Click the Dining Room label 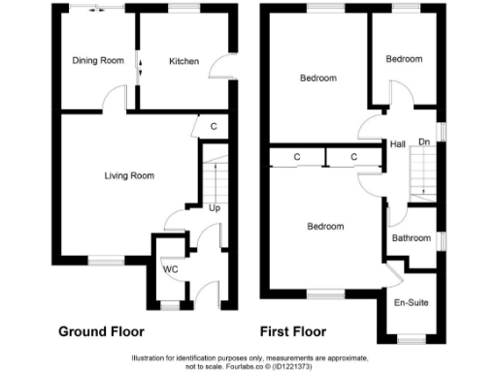(x=98, y=61)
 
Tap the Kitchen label (x=184, y=61)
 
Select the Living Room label (x=129, y=175)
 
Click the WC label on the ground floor (x=169, y=268)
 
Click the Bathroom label (x=411, y=237)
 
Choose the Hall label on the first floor (x=397, y=142)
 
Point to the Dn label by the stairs (x=423, y=142)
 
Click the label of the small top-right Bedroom (x=404, y=59)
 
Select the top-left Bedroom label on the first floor (x=317, y=77)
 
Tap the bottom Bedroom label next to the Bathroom (x=325, y=227)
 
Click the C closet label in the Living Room (x=213, y=126)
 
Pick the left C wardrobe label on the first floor (x=296, y=156)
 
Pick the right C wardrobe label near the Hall (x=353, y=156)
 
